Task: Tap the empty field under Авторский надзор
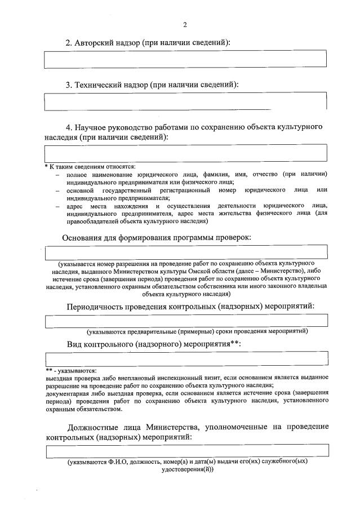coord(185,59)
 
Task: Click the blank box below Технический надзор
coord(185,101)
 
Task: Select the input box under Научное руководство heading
coord(185,153)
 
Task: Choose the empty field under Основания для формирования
coord(185,252)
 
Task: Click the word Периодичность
coord(97,307)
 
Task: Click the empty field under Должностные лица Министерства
coord(185,451)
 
